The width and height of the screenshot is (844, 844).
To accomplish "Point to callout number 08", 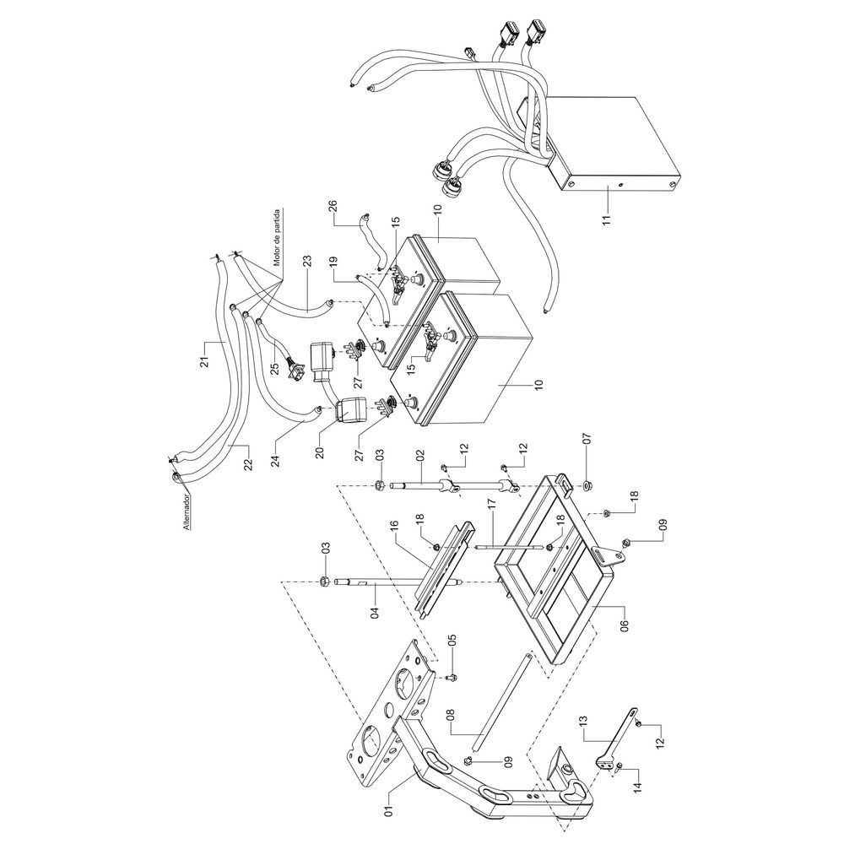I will pyautogui.click(x=450, y=722).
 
